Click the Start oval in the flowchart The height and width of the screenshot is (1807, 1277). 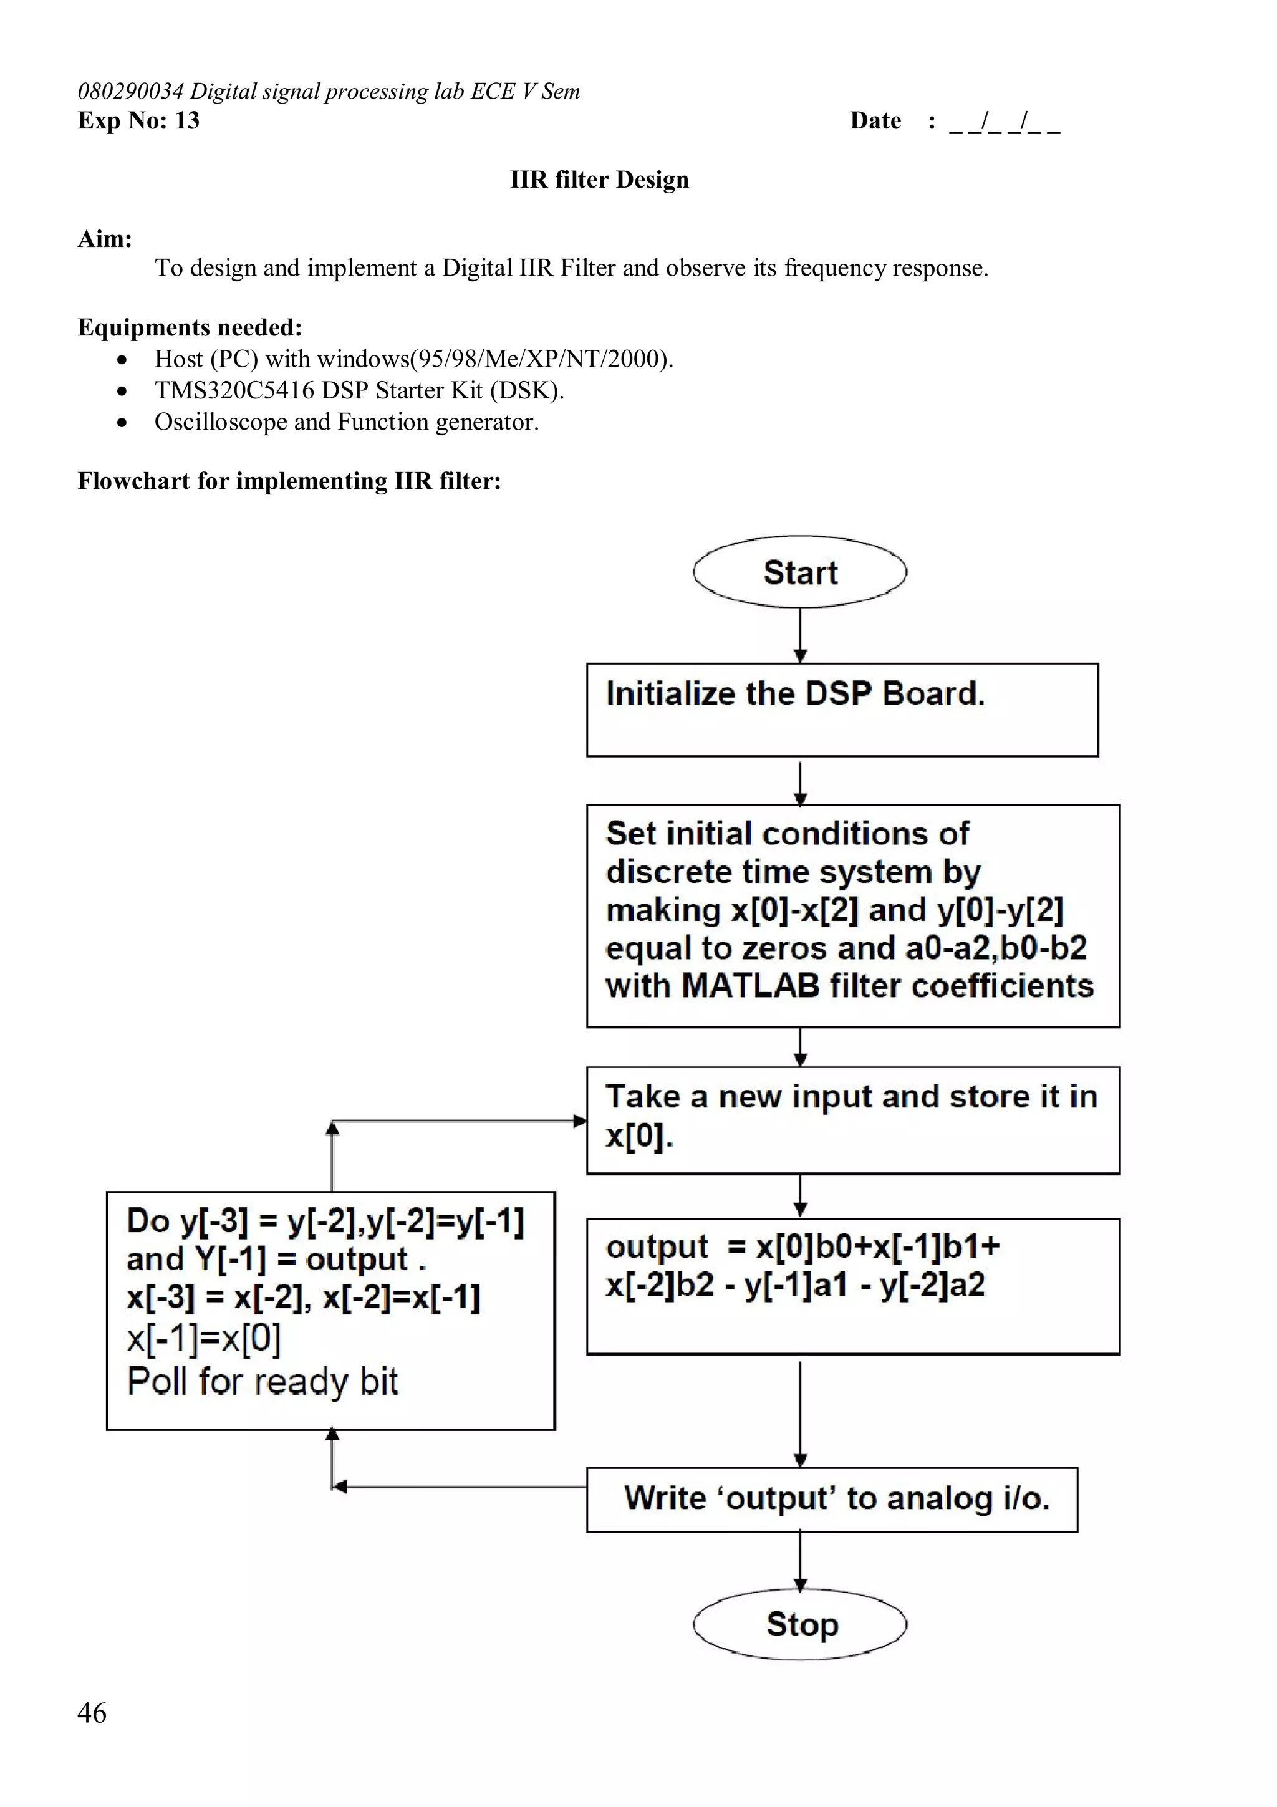point(799,572)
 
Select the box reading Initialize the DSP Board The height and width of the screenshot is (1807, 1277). point(842,709)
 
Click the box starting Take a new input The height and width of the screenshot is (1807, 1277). point(852,1120)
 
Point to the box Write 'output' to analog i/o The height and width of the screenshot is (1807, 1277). point(832,1498)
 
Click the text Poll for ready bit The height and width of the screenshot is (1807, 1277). point(263,1381)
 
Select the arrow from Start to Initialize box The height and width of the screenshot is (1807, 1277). point(800,634)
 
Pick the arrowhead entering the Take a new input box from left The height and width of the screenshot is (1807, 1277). point(580,1120)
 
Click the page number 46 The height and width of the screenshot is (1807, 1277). point(92,1712)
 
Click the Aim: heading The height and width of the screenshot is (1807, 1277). point(105,238)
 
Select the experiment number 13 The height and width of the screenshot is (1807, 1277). point(187,120)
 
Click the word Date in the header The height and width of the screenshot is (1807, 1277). point(875,120)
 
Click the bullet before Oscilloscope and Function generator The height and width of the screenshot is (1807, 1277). point(121,423)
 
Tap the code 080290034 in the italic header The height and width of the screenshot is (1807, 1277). point(130,91)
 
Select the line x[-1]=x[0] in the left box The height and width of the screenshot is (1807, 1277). point(204,1338)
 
